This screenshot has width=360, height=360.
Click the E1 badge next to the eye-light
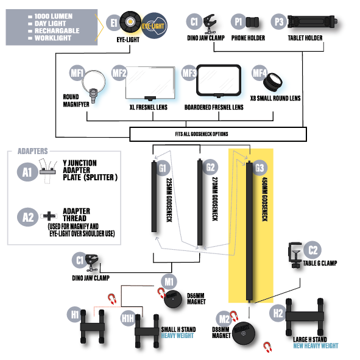click(114, 23)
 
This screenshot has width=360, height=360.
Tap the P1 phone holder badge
click(238, 22)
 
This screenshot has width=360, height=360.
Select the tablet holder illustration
click(312, 22)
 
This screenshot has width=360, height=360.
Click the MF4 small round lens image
click(272, 82)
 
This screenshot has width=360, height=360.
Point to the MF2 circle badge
click(119, 73)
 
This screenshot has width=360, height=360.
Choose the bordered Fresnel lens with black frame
click(219, 80)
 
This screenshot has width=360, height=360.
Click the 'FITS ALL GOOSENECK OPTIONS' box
click(218, 134)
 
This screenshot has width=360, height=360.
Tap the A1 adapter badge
click(27, 172)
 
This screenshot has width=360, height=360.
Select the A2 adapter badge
click(27, 217)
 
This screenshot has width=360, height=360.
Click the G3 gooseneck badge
click(259, 168)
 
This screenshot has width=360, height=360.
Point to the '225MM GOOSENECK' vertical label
click(169, 200)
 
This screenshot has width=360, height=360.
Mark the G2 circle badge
click(210, 167)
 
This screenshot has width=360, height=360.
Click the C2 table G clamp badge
click(312, 250)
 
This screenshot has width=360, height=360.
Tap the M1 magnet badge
click(169, 281)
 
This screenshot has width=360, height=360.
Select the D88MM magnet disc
click(244, 333)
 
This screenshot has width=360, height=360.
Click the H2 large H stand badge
click(278, 313)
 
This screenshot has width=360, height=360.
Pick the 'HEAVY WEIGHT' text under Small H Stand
click(177, 336)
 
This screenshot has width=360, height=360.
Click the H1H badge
click(128, 319)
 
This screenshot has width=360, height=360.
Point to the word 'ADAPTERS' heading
click(33, 151)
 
